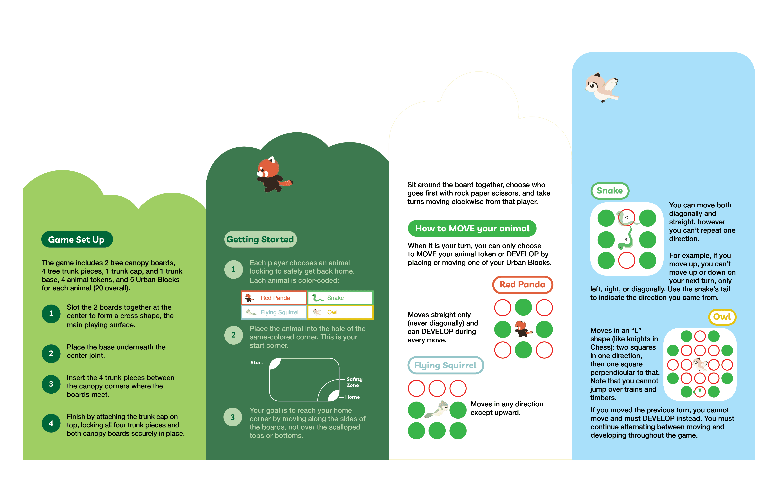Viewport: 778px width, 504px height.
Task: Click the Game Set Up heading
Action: click(x=77, y=240)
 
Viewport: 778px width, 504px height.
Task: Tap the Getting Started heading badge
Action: click(x=260, y=239)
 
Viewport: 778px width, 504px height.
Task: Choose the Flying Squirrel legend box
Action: click(x=274, y=312)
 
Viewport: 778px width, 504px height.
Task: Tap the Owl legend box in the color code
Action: click(x=340, y=312)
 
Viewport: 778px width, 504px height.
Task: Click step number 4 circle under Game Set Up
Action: click(x=51, y=423)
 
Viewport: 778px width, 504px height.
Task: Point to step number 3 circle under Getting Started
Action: click(x=233, y=417)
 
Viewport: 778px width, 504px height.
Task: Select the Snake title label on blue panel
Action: click(x=610, y=190)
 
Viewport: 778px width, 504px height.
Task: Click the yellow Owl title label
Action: click(x=722, y=317)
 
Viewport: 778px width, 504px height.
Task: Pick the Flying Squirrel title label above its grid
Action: click(x=445, y=365)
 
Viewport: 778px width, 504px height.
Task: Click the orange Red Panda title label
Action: click(x=522, y=284)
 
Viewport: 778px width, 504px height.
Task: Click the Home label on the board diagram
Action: click(x=352, y=397)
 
